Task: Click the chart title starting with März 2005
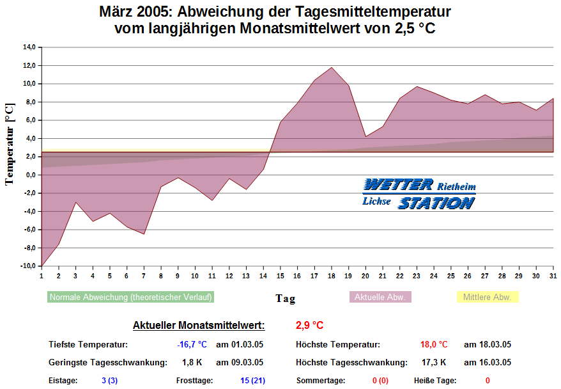tap(275, 20)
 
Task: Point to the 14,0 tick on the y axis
tap(29, 47)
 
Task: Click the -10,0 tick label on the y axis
tap(28, 266)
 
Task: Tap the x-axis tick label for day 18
tap(331, 276)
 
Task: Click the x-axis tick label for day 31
tap(553, 276)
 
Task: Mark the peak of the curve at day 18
tap(332, 67)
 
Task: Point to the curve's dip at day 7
tap(144, 234)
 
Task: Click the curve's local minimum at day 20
tap(365, 136)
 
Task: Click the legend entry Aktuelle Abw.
tap(380, 298)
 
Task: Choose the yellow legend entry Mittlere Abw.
tap(487, 298)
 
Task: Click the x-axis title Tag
tap(285, 298)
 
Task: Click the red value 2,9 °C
tap(309, 326)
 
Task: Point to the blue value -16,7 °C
tap(192, 345)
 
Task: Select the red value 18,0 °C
tap(434, 345)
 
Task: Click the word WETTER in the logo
tap(397, 185)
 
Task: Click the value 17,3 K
tap(434, 363)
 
